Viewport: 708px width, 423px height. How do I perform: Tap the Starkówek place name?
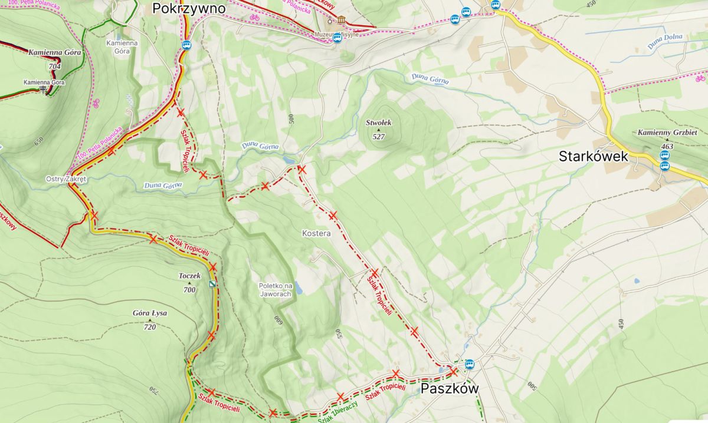tap(594, 157)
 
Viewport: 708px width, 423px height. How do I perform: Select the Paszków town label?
tap(449, 389)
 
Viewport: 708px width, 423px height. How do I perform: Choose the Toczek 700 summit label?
tap(189, 282)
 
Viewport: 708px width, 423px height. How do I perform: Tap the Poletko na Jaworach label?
tap(276, 290)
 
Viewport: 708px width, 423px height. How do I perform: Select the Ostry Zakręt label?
tap(66, 179)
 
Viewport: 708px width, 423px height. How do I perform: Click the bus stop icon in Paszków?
tap(470, 363)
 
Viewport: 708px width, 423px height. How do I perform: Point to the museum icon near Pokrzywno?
tap(341, 21)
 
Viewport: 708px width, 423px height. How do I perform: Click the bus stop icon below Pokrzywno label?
tap(186, 44)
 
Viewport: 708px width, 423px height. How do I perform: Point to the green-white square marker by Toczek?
tap(212, 285)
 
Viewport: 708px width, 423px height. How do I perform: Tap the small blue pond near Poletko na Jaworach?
tap(298, 287)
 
